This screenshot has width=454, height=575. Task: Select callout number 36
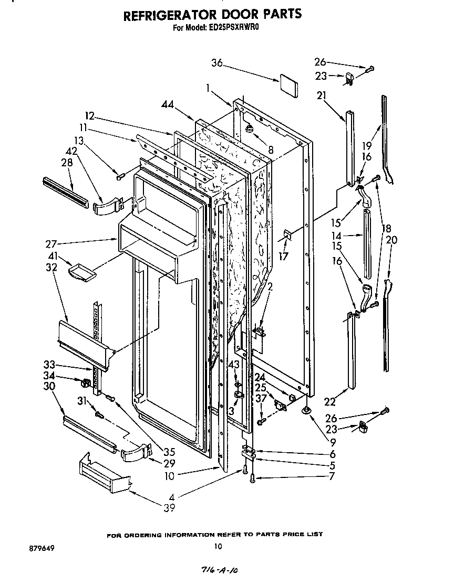click(217, 63)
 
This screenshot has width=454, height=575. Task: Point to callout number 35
click(169, 451)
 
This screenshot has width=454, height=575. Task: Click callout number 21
click(322, 95)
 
